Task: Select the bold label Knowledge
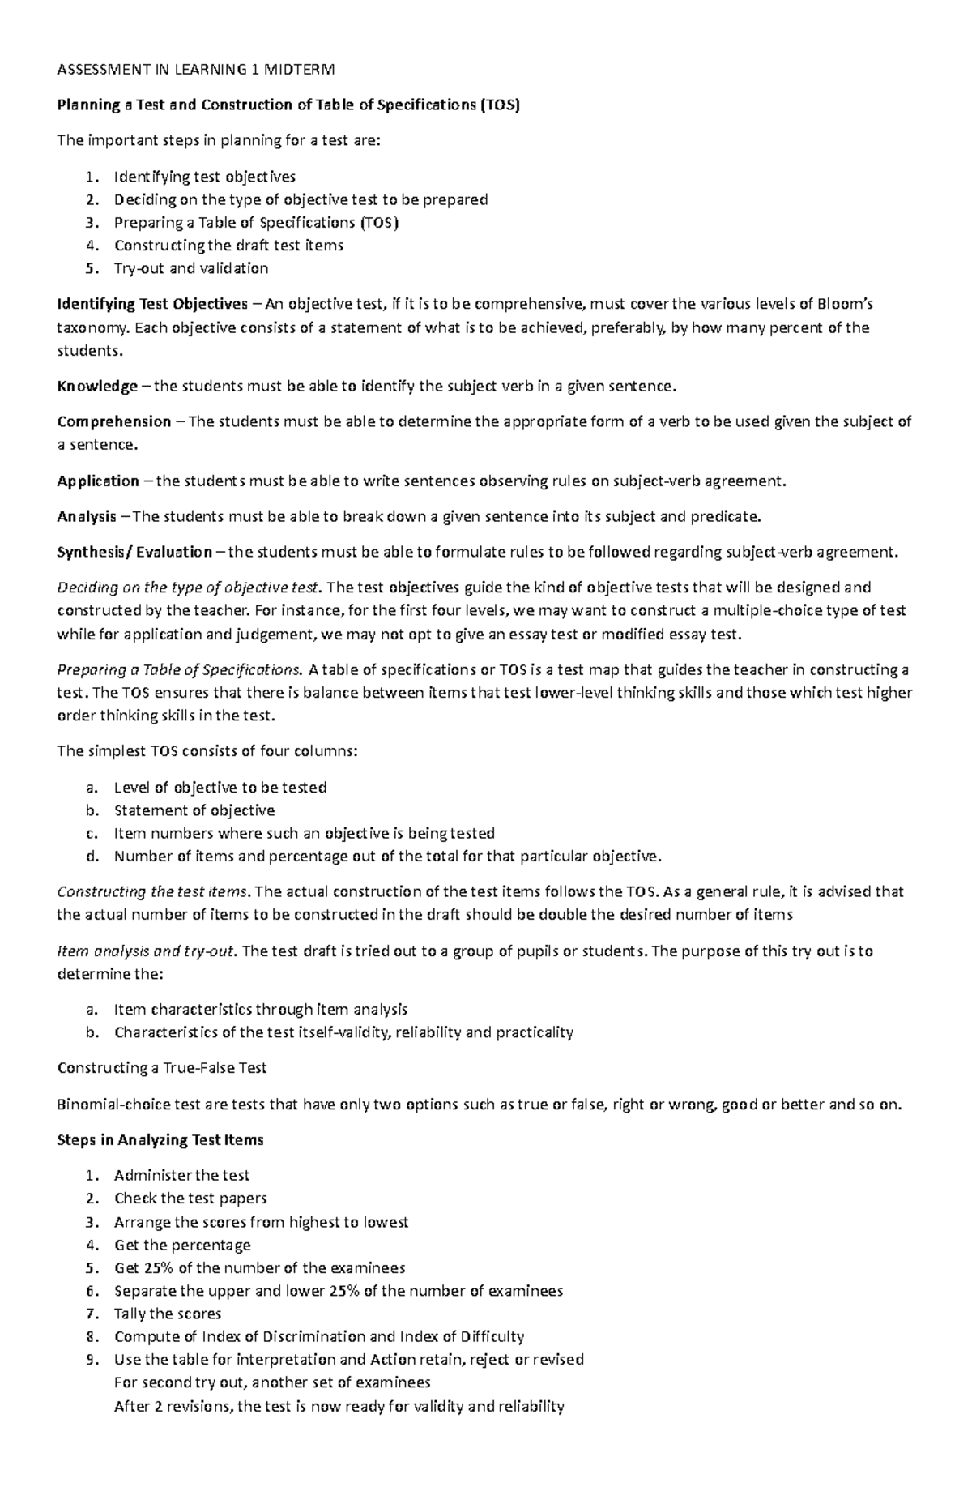97,386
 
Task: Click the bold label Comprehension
114,421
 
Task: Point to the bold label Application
98,481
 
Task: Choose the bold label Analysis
87,516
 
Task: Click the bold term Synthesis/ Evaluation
134,552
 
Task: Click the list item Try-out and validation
190,267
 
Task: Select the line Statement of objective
194,810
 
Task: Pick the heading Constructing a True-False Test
162,1068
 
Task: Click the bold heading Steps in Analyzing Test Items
160,1139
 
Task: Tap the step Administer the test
181,1175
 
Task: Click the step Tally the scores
168,1314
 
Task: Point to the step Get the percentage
182,1245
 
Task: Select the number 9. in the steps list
92,1359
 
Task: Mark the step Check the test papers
190,1198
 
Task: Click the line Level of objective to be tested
220,788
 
